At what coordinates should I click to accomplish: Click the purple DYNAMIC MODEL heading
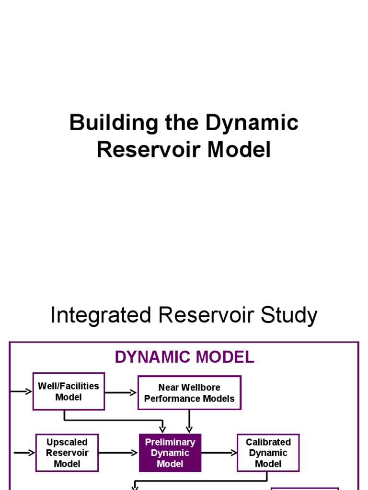point(184,357)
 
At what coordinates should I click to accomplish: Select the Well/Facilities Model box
point(69,391)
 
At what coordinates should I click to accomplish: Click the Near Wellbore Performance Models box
point(189,393)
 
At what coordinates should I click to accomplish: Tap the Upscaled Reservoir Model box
point(67,453)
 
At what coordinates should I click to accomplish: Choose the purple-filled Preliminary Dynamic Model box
point(170,453)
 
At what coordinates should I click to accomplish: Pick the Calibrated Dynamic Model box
point(268,453)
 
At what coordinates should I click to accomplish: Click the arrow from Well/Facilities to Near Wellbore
point(121,393)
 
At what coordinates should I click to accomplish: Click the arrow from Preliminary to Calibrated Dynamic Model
point(219,453)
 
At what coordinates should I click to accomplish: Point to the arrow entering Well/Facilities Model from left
point(21,391)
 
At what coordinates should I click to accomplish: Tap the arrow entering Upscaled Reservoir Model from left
point(24,453)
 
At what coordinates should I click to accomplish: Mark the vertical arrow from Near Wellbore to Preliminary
point(189,421)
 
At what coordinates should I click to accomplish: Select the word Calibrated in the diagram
point(268,442)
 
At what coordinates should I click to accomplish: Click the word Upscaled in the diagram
point(67,442)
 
